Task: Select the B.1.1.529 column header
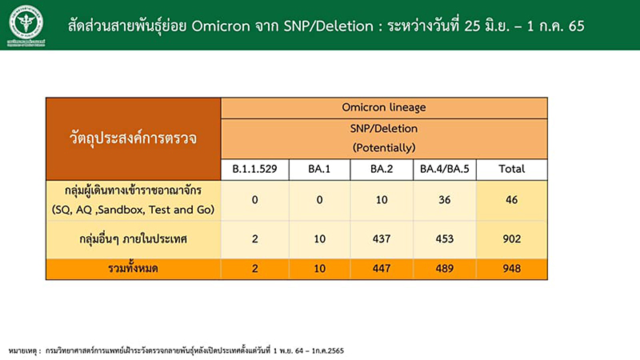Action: point(254,169)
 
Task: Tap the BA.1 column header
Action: point(319,169)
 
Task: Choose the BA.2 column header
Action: point(382,169)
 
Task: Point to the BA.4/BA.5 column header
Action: point(445,169)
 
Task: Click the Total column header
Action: point(512,169)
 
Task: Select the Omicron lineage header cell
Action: point(384,106)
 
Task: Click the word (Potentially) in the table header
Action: point(384,147)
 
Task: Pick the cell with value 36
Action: point(445,200)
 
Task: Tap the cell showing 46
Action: point(512,200)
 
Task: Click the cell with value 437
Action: point(382,238)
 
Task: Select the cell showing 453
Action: point(445,238)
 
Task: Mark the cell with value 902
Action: point(512,238)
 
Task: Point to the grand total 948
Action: point(512,269)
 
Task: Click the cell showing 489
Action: point(445,269)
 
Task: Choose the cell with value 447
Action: point(382,269)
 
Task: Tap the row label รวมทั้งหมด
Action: point(134,269)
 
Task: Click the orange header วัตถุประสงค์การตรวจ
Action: point(134,138)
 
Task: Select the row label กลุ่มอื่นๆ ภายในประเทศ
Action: point(134,238)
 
